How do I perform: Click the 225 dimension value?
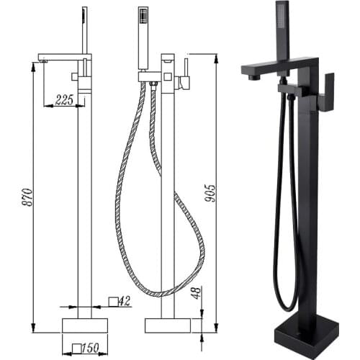point(64,102)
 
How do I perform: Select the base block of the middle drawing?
point(167,325)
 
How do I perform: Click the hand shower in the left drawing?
point(83,32)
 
